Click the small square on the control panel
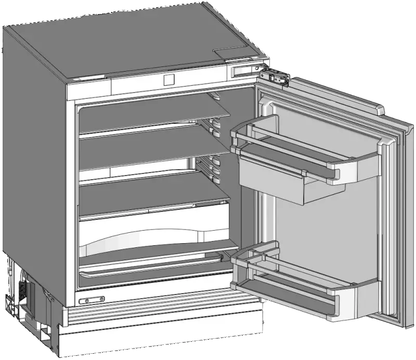click(x=168, y=79)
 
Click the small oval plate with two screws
click(x=92, y=300)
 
